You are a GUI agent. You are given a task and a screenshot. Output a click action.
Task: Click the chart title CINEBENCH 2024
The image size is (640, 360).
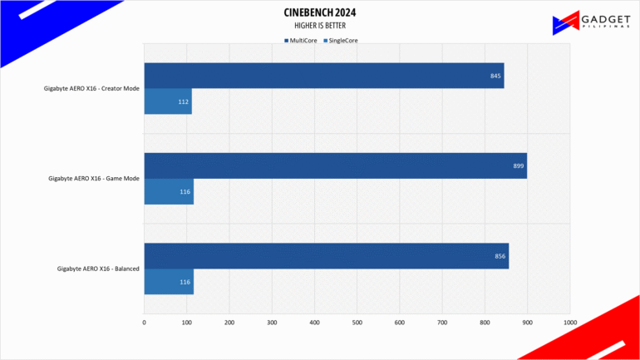[x=320, y=12]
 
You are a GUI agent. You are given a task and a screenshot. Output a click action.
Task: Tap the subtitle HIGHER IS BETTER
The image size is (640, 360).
[x=320, y=26]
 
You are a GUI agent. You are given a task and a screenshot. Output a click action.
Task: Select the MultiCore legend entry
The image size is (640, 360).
[x=301, y=41]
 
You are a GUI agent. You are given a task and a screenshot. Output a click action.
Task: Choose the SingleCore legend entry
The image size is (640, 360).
[x=341, y=41]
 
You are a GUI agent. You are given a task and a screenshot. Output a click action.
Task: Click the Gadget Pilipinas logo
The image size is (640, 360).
[x=591, y=22]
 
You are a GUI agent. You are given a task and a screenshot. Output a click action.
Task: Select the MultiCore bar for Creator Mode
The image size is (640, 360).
[x=324, y=76]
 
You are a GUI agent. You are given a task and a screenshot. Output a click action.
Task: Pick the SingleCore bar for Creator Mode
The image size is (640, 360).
[x=168, y=101]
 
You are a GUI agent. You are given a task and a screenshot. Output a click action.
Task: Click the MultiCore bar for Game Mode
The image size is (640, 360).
[x=336, y=165]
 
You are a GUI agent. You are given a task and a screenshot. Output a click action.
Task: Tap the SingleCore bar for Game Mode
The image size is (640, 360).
[x=169, y=191]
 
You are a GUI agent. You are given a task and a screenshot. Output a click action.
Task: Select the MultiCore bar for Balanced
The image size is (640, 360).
[x=327, y=256]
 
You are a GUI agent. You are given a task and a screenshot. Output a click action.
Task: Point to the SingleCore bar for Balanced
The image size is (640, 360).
[x=169, y=282]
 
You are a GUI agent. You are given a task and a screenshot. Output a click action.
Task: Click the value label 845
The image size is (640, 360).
[x=495, y=76]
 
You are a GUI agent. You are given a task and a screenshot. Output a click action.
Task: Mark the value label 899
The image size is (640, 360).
[x=519, y=165]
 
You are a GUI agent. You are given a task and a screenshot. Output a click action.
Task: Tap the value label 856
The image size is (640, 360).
[x=500, y=256]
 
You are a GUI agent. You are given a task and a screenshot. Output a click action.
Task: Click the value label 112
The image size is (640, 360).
[x=183, y=101]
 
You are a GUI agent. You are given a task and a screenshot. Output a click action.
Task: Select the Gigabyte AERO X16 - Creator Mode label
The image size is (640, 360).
[x=91, y=88]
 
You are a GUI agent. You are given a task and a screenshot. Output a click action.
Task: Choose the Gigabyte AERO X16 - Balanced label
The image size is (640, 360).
[x=98, y=269]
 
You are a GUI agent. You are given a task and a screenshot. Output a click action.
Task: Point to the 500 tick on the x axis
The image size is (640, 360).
[x=357, y=323]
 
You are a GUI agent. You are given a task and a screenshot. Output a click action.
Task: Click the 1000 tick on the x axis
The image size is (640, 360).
[x=570, y=323]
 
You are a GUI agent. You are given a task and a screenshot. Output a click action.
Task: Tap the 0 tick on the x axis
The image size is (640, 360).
[x=144, y=323]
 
